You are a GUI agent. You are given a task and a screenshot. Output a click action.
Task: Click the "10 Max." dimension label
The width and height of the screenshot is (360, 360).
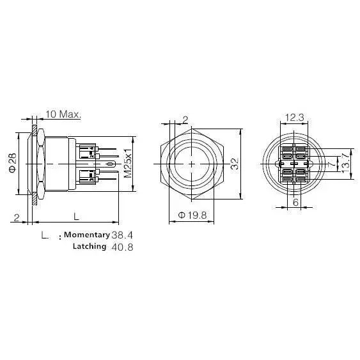pyautogui.click(x=63, y=114)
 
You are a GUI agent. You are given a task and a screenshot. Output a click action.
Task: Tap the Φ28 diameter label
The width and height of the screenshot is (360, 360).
pyautogui.click(x=13, y=163)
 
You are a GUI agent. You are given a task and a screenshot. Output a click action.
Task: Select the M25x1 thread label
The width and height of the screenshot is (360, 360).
pyautogui.click(x=128, y=162)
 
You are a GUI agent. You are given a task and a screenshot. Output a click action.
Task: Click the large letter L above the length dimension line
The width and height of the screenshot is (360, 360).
pyautogui.click(x=76, y=216)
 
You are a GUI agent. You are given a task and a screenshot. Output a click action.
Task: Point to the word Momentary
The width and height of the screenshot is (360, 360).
pyautogui.click(x=87, y=235)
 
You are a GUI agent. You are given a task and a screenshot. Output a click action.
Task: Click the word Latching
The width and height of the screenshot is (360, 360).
pyautogui.click(x=90, y=246)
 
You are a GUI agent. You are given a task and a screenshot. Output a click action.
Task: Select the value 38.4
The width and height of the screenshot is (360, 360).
pyautogui.click(x=122, y=235)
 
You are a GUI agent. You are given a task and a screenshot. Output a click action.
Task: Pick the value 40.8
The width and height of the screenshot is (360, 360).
pyautogui.click(x=122, y=247)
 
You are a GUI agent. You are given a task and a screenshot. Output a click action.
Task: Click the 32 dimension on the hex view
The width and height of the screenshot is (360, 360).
pyautogui.click(x=235, y=164)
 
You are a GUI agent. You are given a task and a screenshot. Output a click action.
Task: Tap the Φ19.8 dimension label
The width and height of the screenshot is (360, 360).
pyautogui.click(x=192, y=215)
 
